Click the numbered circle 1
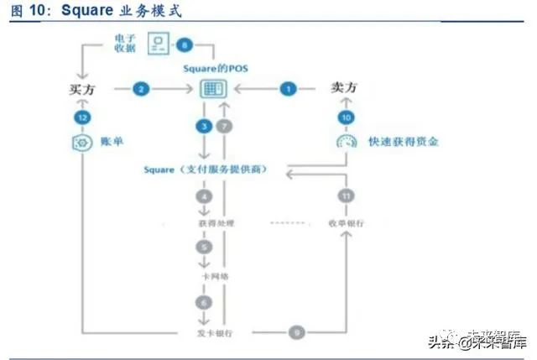tap(289, 87)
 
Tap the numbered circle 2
tap(141, 87)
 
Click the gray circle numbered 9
tap(296, 333)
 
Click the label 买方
tap(80, 88)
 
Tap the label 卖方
tap(345, 86)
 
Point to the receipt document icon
tap(157, 44)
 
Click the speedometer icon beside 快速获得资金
tap(344, 142)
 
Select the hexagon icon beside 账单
tap(81, 143)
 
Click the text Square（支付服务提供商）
tap(205, 170)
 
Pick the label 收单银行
tap(344, 222)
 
